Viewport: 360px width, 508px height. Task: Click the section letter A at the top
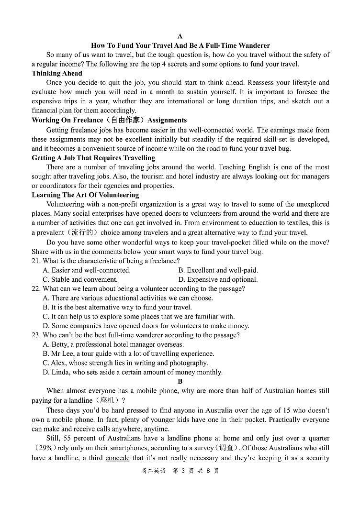180,36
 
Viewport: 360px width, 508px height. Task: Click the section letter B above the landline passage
180,381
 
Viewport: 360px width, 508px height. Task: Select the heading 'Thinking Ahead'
57,73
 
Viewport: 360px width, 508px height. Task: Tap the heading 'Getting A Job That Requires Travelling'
93,157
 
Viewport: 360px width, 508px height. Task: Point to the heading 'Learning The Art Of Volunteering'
85,195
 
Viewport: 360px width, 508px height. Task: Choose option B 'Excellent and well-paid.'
218,270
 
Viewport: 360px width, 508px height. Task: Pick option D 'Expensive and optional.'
218,279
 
